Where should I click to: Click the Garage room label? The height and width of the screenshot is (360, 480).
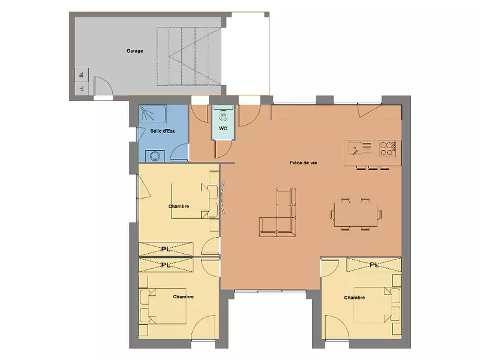(134, 51)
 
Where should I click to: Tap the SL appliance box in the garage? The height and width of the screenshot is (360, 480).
(80, 75)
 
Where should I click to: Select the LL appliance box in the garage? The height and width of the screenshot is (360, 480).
(80, 89)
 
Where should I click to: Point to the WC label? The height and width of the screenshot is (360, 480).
(223, 128)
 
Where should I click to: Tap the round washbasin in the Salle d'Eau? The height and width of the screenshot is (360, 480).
(155, 155)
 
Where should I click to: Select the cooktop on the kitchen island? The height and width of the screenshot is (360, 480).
(388, 146)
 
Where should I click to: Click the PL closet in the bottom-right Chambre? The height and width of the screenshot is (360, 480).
(373, 265)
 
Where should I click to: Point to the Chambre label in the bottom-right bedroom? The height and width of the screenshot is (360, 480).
(355, 298)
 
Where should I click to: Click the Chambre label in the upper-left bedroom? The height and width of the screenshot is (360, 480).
(179, 206)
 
